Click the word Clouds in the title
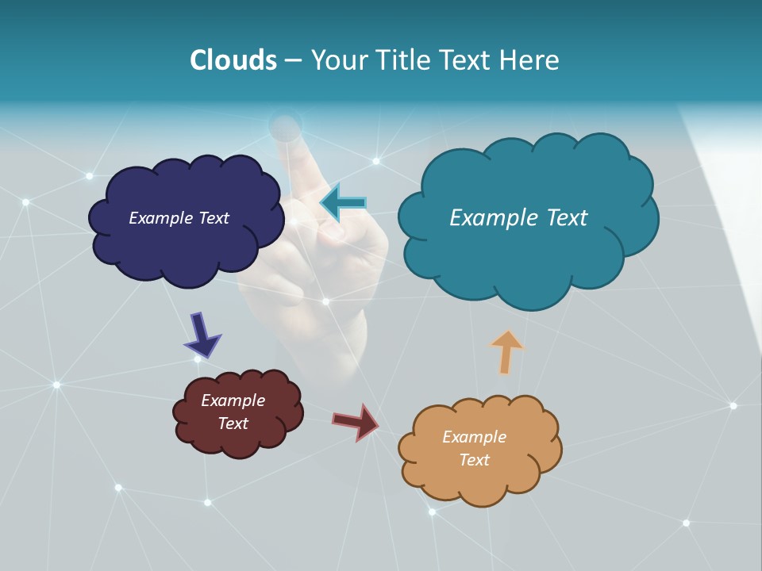point(233,60)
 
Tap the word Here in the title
point(532,60)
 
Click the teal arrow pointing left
point(343,203)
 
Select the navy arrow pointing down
point(202,335)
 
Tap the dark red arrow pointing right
point(356,421)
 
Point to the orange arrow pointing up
point(506,351)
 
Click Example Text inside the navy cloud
point(179,218)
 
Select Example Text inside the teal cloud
point(518,217)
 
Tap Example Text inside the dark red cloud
point(233,412)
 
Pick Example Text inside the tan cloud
point(474,448)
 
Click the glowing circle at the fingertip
point(285,125)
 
